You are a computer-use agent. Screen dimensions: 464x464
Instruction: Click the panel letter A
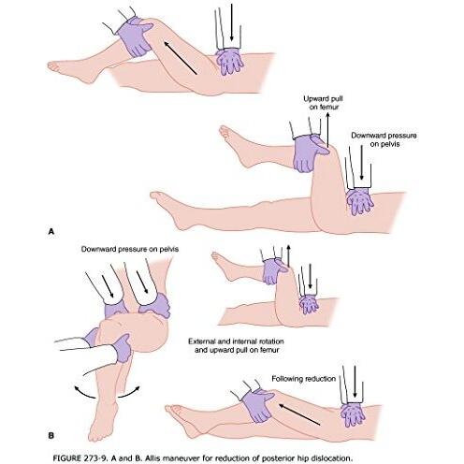(51, 232)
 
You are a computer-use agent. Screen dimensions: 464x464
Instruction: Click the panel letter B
(51, 435)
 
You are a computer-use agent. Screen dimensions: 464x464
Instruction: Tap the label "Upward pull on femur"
(324, 103)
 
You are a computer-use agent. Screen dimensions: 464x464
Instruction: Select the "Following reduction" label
(303, 379)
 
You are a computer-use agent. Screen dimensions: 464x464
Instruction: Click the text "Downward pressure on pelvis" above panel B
(130, 249)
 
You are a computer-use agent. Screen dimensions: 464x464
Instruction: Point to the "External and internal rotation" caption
(236, 341)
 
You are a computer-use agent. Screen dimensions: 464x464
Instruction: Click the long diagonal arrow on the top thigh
(181, 58)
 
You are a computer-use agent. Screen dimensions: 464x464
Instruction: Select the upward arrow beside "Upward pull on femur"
(327, 130)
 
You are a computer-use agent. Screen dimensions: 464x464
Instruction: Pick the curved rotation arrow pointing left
(85, 393)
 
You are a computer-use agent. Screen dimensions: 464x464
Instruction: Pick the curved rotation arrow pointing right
(129, 391)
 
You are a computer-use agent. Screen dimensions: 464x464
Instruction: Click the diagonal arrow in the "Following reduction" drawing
(299, 414)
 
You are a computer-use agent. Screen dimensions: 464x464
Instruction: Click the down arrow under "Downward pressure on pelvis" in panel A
(361, 163)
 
